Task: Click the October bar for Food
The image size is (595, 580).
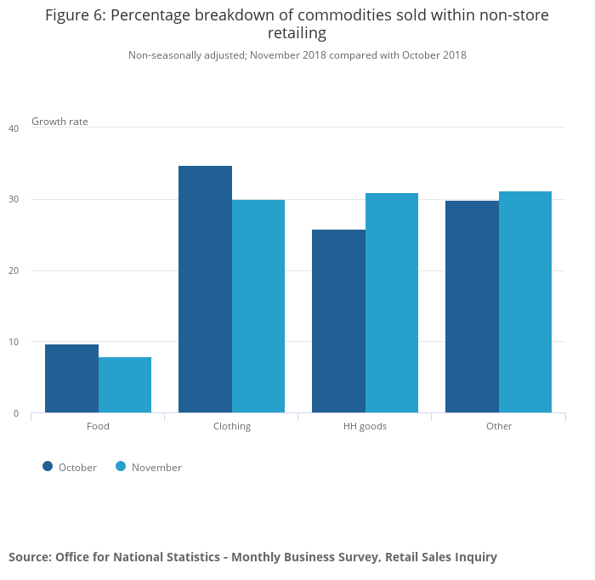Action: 71,378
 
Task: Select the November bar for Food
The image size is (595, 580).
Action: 125,385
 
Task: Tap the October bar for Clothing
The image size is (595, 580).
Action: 205,289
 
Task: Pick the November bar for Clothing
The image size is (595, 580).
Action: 258,306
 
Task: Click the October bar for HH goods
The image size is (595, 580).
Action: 338,321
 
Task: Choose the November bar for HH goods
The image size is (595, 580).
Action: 392,303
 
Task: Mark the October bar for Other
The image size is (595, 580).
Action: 472,307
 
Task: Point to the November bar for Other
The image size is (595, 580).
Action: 525,302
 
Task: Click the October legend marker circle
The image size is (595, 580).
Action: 48,466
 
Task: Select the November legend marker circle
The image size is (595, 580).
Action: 121,466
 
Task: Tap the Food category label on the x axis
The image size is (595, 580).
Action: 98,426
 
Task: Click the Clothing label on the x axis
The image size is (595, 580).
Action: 232,426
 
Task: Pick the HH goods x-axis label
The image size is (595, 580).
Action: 365,426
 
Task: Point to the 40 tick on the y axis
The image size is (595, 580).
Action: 14,128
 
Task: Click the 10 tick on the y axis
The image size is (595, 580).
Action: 14,343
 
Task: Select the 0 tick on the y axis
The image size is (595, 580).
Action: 16,414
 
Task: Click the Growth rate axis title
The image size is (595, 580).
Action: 59,122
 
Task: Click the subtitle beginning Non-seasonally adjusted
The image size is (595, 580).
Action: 297,55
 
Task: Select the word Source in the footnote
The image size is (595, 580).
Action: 29,557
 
